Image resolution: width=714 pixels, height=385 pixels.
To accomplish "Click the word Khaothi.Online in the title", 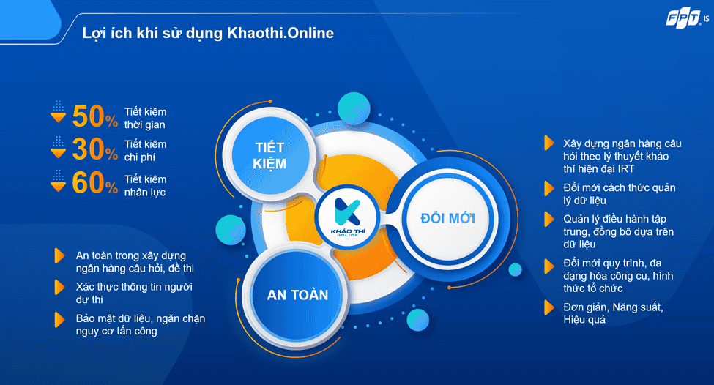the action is tap(280, 33).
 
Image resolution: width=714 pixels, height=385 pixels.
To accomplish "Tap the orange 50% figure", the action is tap(94, 116).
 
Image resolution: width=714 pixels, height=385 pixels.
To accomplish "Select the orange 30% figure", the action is tap(94, 149).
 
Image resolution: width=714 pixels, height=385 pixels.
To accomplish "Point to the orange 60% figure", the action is tap(94, 182).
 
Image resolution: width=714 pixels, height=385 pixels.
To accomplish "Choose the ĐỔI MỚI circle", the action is tap(447, 218).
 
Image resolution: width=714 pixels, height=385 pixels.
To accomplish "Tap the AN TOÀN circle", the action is tap(297, 295).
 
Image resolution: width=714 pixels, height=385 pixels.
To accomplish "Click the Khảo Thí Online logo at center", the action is tap(347, 217).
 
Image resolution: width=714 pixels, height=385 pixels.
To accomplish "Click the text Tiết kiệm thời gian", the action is tap(145, 118).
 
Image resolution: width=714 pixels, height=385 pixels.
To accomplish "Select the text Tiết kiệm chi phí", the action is tap(145, 151).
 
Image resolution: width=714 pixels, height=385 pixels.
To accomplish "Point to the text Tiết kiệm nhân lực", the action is tap(145, 185).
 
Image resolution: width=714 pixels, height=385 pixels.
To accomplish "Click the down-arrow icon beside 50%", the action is tap(58, 112).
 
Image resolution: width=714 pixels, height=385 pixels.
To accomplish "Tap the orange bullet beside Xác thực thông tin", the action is tap(59, 287).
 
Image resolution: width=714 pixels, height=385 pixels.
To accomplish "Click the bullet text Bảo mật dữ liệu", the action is tap(141, 324).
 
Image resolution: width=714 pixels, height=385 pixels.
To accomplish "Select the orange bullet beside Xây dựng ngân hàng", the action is tap(549, 143).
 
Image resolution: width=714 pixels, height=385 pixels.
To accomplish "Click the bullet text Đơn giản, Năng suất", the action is tap(613, 313).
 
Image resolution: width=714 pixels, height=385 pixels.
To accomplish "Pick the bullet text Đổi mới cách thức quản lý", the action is tap(619, 194).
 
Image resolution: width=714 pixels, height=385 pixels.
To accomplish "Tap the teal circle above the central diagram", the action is tap(354, 108).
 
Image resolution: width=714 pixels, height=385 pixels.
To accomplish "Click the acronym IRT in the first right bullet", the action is tap(626, 168).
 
